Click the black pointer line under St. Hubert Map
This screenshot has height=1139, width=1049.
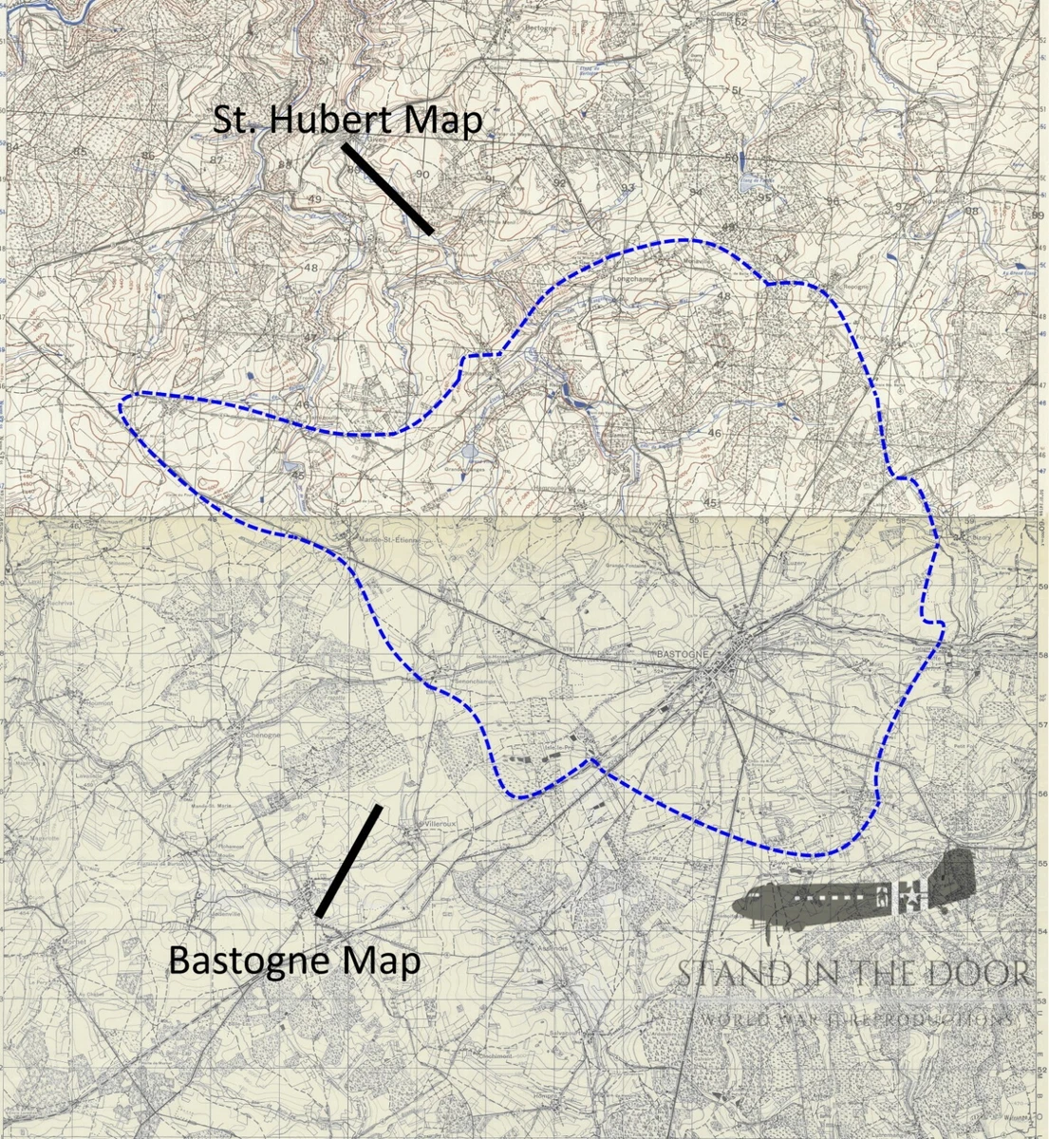[x=387, y=188]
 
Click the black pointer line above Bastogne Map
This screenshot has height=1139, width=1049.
[x=348, y=861]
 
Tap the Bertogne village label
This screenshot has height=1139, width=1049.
[x=540, y=28]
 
